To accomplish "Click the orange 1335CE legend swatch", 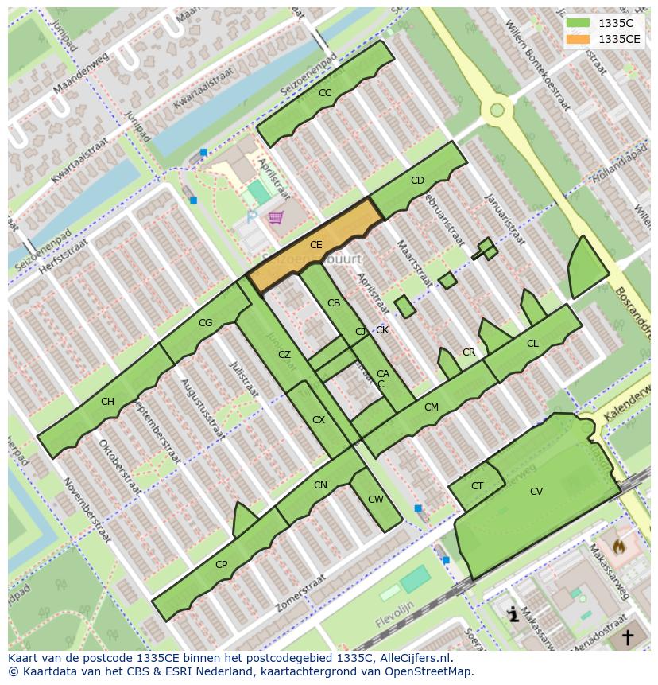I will (x=579, y=39).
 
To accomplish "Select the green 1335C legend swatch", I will (x=579, y=23).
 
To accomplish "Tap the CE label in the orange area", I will (x=315, y=245).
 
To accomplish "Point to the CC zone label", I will (x=325, y=93).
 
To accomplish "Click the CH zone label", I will (x=107, y=402).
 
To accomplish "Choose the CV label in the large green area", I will (x=536, y=492).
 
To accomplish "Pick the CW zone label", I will (x=375, y=500).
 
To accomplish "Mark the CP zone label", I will (x=221, y=565).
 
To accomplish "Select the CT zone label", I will (x=477, y=486).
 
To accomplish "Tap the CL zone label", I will (x=532, y=344).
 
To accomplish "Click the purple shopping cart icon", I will (x=276, y=217).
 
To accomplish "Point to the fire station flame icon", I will (x=619, y=547).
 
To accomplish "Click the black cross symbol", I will (x=627, y=636).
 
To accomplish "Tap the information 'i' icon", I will (x=513, y=613).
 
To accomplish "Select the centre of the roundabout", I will (x=497, y=110).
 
